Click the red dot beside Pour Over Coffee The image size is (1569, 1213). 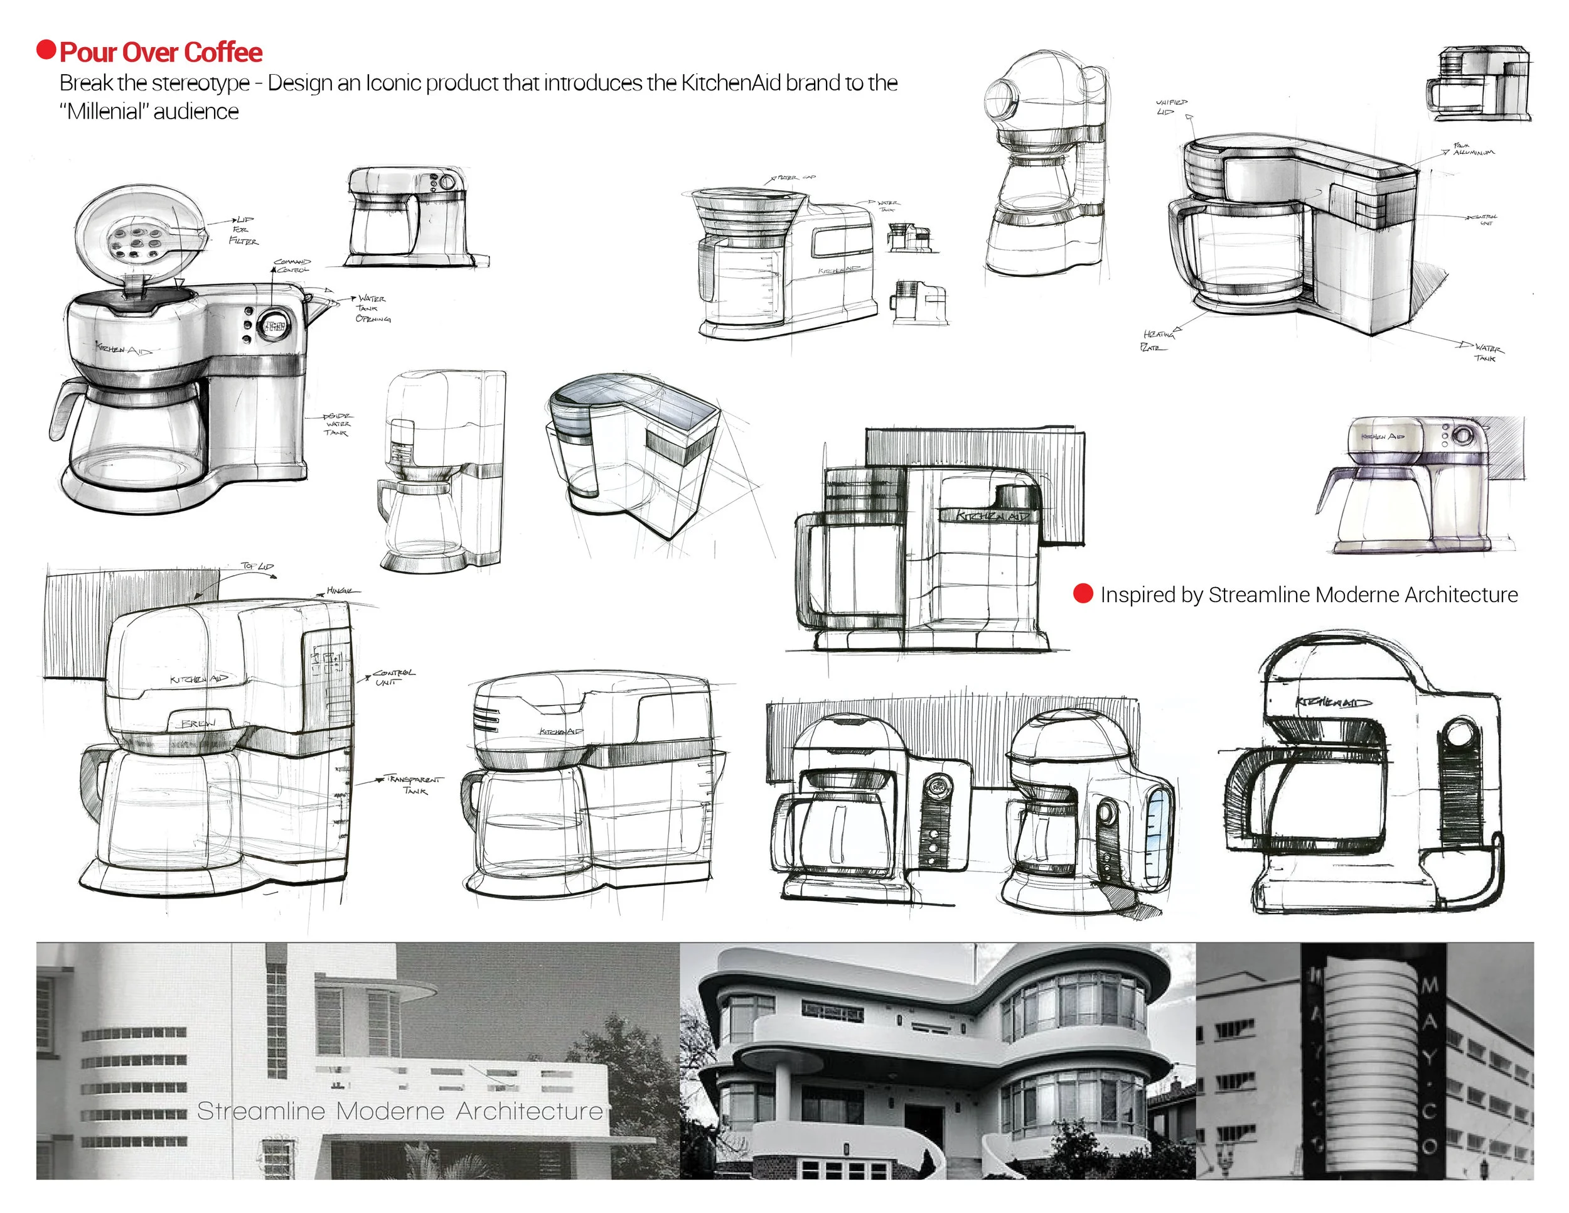(46, 50)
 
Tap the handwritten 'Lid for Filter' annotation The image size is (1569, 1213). (244, 230)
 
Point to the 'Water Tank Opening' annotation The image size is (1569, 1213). (373, 308)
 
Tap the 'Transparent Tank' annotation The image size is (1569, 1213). (415, 784)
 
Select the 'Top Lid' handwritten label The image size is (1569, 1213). (257, 566)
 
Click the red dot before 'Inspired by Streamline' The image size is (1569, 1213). (1083, 593)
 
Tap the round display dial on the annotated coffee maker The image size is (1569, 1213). (274, 327)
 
